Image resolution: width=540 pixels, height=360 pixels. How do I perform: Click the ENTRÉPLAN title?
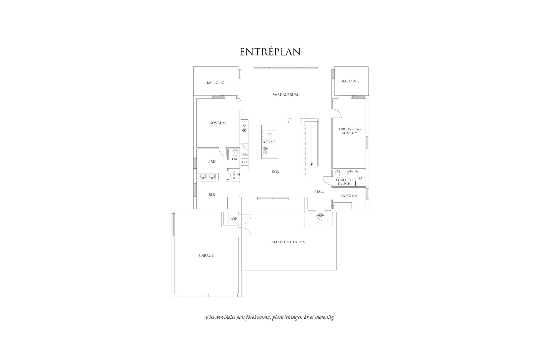(270, 52)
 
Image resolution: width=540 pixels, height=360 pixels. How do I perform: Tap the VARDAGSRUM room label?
(285, 95)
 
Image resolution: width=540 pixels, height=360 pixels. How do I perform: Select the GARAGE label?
(206, 256)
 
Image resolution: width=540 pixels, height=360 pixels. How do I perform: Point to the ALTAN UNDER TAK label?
(288, 242)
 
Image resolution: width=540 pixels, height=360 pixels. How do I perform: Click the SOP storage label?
(233, 219)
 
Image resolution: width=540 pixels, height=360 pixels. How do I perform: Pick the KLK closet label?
(212, 195)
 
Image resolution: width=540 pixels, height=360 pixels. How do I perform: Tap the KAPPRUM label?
(349, 196)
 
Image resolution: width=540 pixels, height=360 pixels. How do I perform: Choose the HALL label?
(319, 191)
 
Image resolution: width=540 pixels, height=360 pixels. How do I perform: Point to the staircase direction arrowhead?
(312, 165)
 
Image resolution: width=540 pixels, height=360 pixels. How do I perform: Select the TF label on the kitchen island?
(270, 135)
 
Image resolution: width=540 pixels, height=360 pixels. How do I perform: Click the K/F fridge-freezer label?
(245, 162)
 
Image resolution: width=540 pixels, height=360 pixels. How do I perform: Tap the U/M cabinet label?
(245, 155)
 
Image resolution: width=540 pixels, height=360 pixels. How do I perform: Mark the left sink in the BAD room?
(203, 176)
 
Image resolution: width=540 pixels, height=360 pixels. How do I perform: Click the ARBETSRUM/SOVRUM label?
(350, 131)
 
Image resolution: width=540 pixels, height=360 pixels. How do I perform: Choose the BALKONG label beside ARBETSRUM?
(350, 81)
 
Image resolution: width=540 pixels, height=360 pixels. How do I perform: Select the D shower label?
(361, 178)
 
